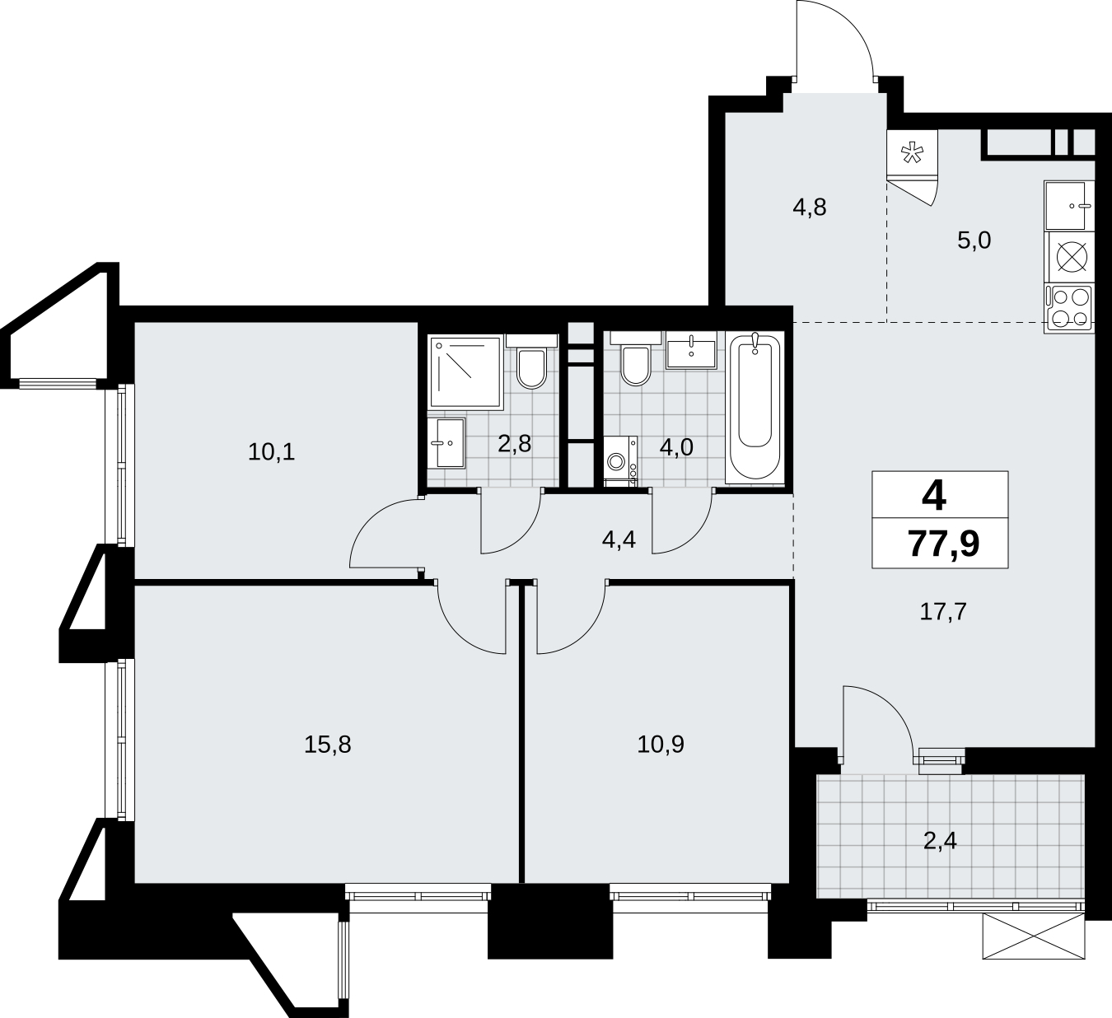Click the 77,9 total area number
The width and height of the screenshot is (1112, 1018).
pyautogui.click(x=943, y=544)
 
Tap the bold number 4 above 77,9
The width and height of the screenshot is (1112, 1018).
pyautogui.click(x=934, y=497)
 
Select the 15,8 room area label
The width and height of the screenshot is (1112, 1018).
pyautogui.click(x=328, y=745)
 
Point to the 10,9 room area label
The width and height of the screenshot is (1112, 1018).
pyautogui.click(x=661, y=745)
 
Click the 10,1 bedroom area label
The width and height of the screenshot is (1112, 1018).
pyautogui.click(x=271, y=452)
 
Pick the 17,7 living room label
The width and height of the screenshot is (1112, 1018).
pyautogui.click(x=943, y=612)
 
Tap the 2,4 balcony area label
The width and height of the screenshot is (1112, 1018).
pyautogui.click(x=940, y=843)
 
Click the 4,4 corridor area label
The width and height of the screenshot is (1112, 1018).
pyautogui.click(x=619, y=539)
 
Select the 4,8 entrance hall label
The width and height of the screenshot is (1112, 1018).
pyautogui.click(x=810, y=208)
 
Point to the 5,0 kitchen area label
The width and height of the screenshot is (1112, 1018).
pyautogui.click(x=974, y=240)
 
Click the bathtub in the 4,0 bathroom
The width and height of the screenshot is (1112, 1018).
pyautogui.click(x=755, y=407)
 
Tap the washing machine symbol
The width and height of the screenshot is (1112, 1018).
pyautogui.click(x=620, y=461)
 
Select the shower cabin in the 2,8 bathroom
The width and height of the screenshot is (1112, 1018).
pyautogui.click(x=465, y=372)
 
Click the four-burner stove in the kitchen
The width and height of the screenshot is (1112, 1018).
pyautogui.click(x=1070, y=310)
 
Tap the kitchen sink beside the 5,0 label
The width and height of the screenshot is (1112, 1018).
pyautogui.click(x=1069, y=206)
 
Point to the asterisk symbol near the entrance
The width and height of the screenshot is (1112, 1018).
pyautogui.click(x=910, y=152)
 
